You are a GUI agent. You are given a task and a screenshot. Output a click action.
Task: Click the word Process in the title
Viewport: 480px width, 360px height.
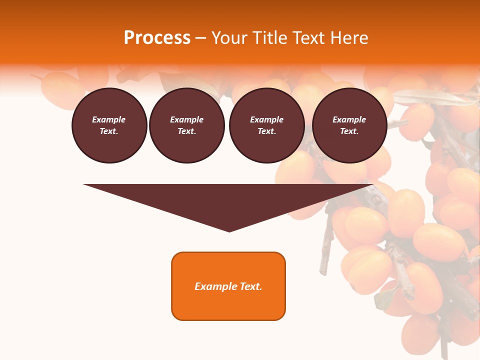click(x=157, y=38)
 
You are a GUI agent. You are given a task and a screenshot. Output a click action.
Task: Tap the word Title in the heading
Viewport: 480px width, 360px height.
click(x=271, y=38)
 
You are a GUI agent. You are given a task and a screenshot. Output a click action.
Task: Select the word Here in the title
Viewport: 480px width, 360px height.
click(x=349, y=38)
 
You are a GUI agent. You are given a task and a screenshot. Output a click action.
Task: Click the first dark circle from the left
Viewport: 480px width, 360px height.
click(x=109, y=125)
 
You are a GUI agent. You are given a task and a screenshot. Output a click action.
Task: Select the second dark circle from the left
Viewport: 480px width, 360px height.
click(x=187, y=125)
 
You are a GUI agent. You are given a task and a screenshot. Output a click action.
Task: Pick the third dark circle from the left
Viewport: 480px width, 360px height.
click(x=267, y=125)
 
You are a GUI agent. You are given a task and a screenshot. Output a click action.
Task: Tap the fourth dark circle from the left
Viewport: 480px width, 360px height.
click(x=349, y=125)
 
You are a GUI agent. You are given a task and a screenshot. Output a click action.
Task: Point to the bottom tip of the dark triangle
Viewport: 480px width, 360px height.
click(x=229, y=231)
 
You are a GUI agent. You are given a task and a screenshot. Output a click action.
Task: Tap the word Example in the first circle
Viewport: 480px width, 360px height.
click(x=109, y=119)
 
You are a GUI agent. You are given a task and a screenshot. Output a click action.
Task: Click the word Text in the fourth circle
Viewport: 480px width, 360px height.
click(x=349, y=131)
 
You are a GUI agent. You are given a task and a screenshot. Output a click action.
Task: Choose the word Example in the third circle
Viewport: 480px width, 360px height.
click(x=267, y=119)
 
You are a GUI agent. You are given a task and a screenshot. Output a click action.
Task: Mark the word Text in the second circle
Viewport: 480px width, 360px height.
click(x=186, y=131)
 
